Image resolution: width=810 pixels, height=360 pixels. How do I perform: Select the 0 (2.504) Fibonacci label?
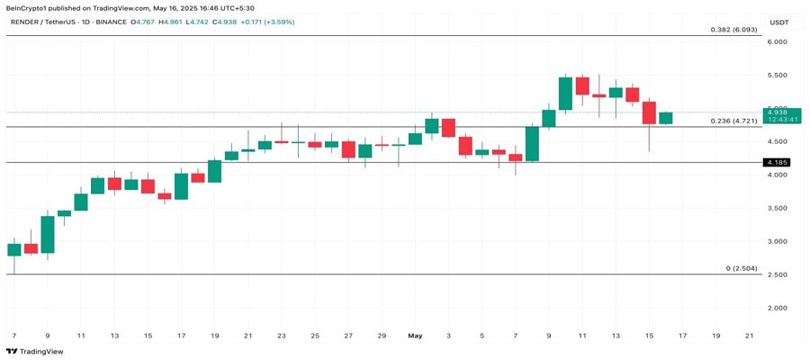click(742, 268)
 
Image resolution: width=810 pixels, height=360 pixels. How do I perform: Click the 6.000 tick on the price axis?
click(778, 41)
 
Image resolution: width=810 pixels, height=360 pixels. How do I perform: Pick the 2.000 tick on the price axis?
click(778, 308)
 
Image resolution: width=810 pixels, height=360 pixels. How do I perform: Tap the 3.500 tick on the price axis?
click(778, 208)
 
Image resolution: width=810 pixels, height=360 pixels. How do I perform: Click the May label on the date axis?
click(414, 336)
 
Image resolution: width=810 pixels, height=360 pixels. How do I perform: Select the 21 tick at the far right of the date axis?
click(750, 336)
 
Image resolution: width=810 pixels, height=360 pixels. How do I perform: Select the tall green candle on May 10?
click(565, 94)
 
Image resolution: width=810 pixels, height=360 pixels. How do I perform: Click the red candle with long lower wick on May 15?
click(649, 112)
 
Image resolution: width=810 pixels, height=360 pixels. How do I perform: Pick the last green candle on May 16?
click(665, 118)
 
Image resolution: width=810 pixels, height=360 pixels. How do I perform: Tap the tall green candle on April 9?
click(48, 234)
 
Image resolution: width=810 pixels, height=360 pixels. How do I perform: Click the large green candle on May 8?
click(532, 144)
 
